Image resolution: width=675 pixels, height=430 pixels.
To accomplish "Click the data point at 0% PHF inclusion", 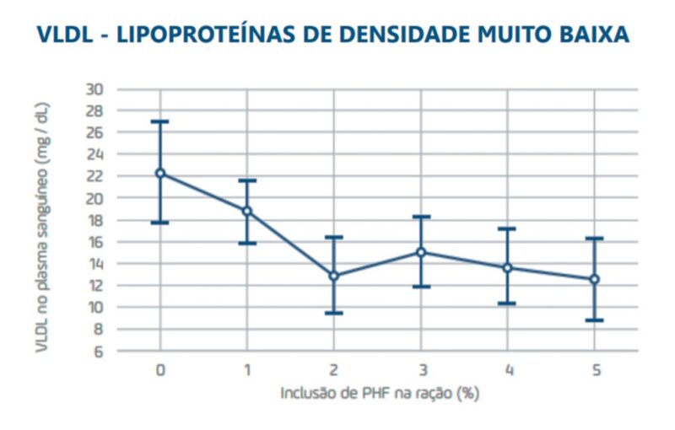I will [160, 173].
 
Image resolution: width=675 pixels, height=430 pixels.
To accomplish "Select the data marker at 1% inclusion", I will [247, 211].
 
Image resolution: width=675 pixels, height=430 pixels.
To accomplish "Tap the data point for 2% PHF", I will [333, 276].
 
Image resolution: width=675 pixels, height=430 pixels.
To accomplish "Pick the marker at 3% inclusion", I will [420, 252].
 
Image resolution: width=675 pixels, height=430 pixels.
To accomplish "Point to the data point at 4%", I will [507, 267].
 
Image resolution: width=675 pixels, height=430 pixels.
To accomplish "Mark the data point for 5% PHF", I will [594, 279].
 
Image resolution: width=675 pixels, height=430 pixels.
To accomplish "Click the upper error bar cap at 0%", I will [160, 121].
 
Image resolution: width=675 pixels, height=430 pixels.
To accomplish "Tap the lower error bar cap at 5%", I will [594, 320].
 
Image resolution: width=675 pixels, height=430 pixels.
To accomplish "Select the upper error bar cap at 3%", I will [420, 217].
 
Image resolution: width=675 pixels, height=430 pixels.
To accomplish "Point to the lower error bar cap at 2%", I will [333, 313].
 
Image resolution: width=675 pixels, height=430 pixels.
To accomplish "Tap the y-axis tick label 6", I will [99, 352].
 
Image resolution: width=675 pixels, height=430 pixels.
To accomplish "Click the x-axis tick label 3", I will [420, 370].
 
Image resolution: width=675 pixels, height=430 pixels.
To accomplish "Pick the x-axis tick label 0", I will [160, 370].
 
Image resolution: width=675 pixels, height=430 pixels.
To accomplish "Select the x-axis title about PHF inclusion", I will [377, 393].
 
